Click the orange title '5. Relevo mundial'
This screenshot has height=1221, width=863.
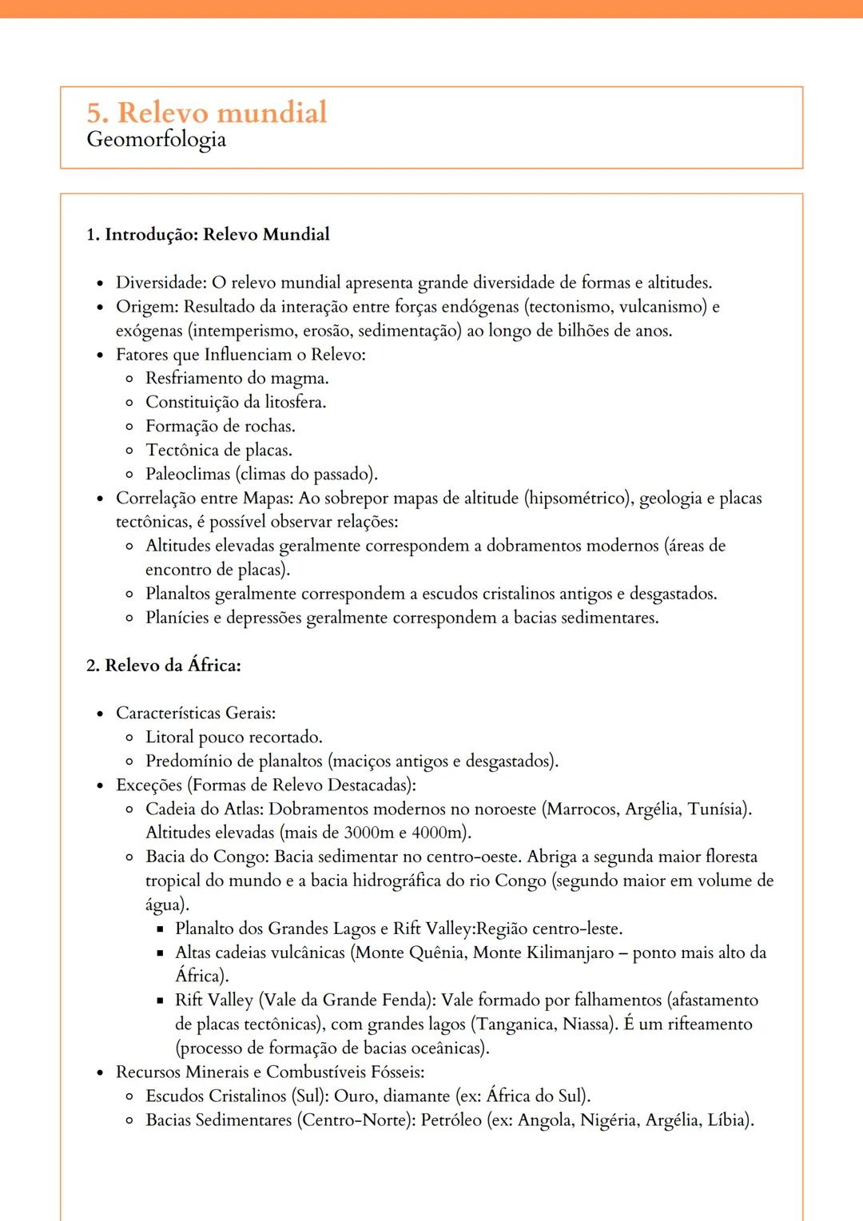207,113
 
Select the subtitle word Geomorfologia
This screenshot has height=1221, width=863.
156,140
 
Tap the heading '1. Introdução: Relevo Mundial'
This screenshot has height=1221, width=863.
208,234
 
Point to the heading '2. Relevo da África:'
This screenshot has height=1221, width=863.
164,666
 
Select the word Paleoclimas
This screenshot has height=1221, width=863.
188,474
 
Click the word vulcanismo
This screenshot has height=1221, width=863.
662,307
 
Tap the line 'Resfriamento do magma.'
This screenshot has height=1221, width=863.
237,378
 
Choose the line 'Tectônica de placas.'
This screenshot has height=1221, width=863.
218,450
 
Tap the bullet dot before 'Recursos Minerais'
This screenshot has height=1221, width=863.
100,1073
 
